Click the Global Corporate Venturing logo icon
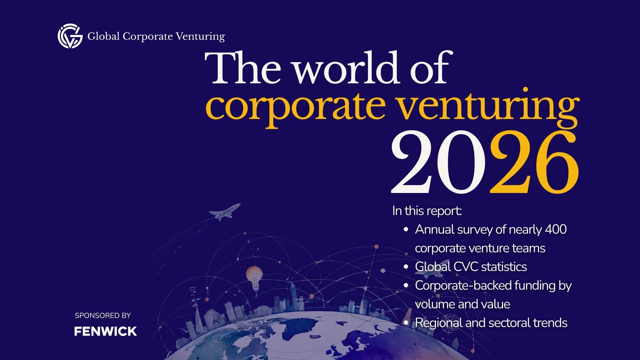click(x=70, y=36)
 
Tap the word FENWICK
click(x=105, y=331)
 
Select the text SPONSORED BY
click(x=103, y=315)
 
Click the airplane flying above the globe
click(x=224, y=211)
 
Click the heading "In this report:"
click(x=427, y=211)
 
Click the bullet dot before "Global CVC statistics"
click(x=406, y=267)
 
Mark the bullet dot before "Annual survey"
click(x=406, y=230)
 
